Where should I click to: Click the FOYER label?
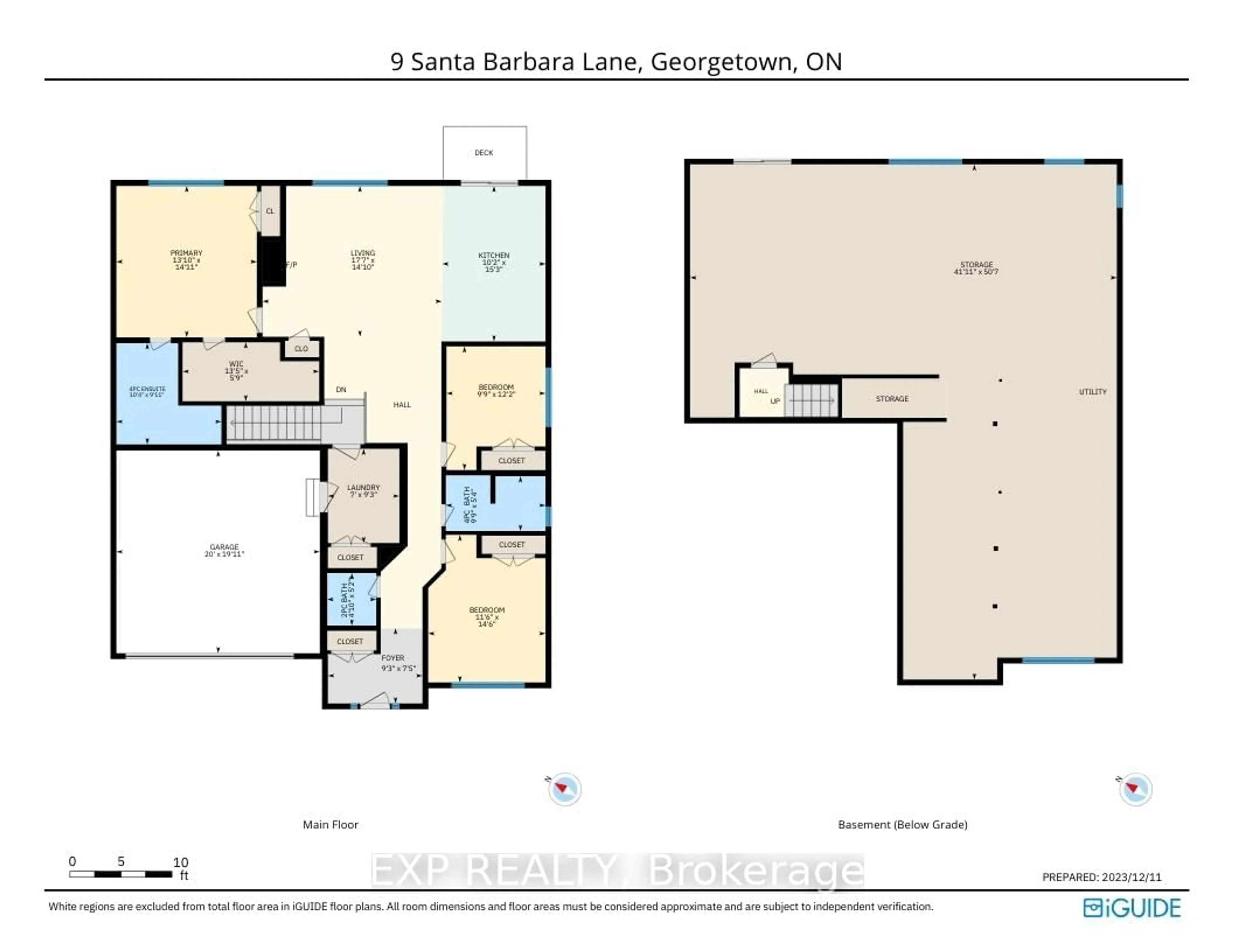393,658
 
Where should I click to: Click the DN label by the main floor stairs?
341,390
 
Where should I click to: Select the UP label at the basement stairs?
775,401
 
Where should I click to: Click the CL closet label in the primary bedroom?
270,211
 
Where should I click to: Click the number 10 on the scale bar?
181,862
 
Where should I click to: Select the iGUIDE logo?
1132,908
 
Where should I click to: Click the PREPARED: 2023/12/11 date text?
1101,877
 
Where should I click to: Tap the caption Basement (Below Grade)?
902,825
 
